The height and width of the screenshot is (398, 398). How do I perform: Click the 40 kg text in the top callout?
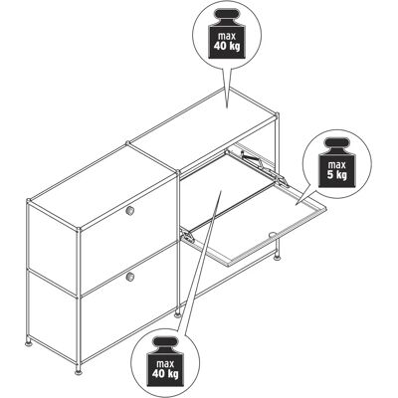click(227, 46)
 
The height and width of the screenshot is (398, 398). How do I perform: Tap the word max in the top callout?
click(227, 36)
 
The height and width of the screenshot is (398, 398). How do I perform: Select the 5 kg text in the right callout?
click(336, 174)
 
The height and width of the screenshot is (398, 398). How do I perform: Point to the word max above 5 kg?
click(336, 164)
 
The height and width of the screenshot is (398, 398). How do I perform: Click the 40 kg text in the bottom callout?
click(165, 374)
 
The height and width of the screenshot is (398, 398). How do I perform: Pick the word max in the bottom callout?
click(165, 364)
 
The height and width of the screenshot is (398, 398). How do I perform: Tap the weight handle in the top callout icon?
click(227, 15)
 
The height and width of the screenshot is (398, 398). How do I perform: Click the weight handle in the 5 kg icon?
click(336, 144)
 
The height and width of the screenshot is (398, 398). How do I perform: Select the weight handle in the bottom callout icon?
click(165, 343)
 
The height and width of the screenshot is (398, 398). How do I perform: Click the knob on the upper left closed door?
click(130, 210)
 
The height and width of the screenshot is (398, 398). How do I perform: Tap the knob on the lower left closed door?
click(130, 276)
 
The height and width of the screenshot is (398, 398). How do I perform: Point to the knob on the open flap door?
click(273, 235)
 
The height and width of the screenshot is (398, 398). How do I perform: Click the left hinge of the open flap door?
click(187, 236)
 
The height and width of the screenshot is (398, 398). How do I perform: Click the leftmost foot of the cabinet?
click(30, 342)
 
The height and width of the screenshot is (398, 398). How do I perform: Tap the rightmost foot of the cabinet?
click(277, 256)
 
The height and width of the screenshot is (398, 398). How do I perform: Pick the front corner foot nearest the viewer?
click(79, 371)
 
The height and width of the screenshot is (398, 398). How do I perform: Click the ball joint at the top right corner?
click(277, 114)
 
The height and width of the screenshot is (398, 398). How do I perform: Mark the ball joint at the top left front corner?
click(29, 201)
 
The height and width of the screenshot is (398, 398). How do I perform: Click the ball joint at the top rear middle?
click(128, 143)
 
